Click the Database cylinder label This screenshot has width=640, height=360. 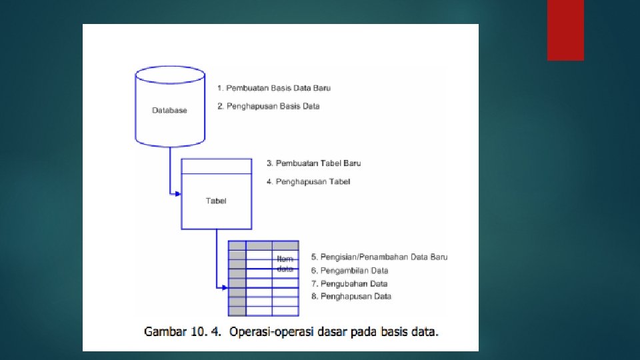(169, 110)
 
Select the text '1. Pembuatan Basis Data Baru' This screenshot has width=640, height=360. (274, 88)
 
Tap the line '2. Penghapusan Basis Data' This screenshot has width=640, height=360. (269, 106)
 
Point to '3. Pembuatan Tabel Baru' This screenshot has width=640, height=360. (313, 163)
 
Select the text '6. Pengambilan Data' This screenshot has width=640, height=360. (349, 271)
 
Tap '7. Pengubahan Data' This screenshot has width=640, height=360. (349, 283)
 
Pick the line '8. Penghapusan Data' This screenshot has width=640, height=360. (351, 296)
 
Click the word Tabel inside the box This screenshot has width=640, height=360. (216, 201)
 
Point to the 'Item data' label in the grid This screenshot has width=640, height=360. (285, 264)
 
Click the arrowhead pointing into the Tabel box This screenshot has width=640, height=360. (178, 194)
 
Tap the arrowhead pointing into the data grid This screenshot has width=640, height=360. (225, 288)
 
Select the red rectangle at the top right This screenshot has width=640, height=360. (565, 29)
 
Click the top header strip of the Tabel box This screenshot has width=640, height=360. (217, 166)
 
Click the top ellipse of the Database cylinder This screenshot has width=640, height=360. (169, 74)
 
